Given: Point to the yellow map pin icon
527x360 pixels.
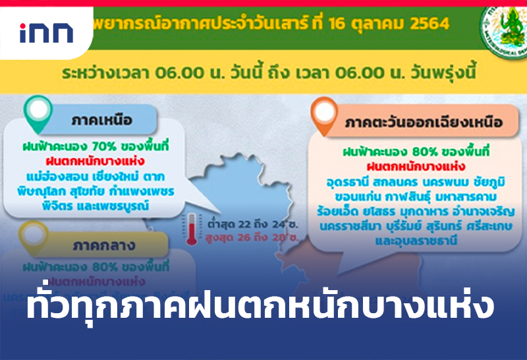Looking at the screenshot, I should click(x=33, y=234).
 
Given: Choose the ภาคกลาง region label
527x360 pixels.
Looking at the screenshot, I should click(x=105, y=247).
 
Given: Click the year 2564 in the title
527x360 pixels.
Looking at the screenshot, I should click(x=428, y=24).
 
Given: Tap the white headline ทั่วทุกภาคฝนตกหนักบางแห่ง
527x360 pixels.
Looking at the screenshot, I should click(x=260, y=308).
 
